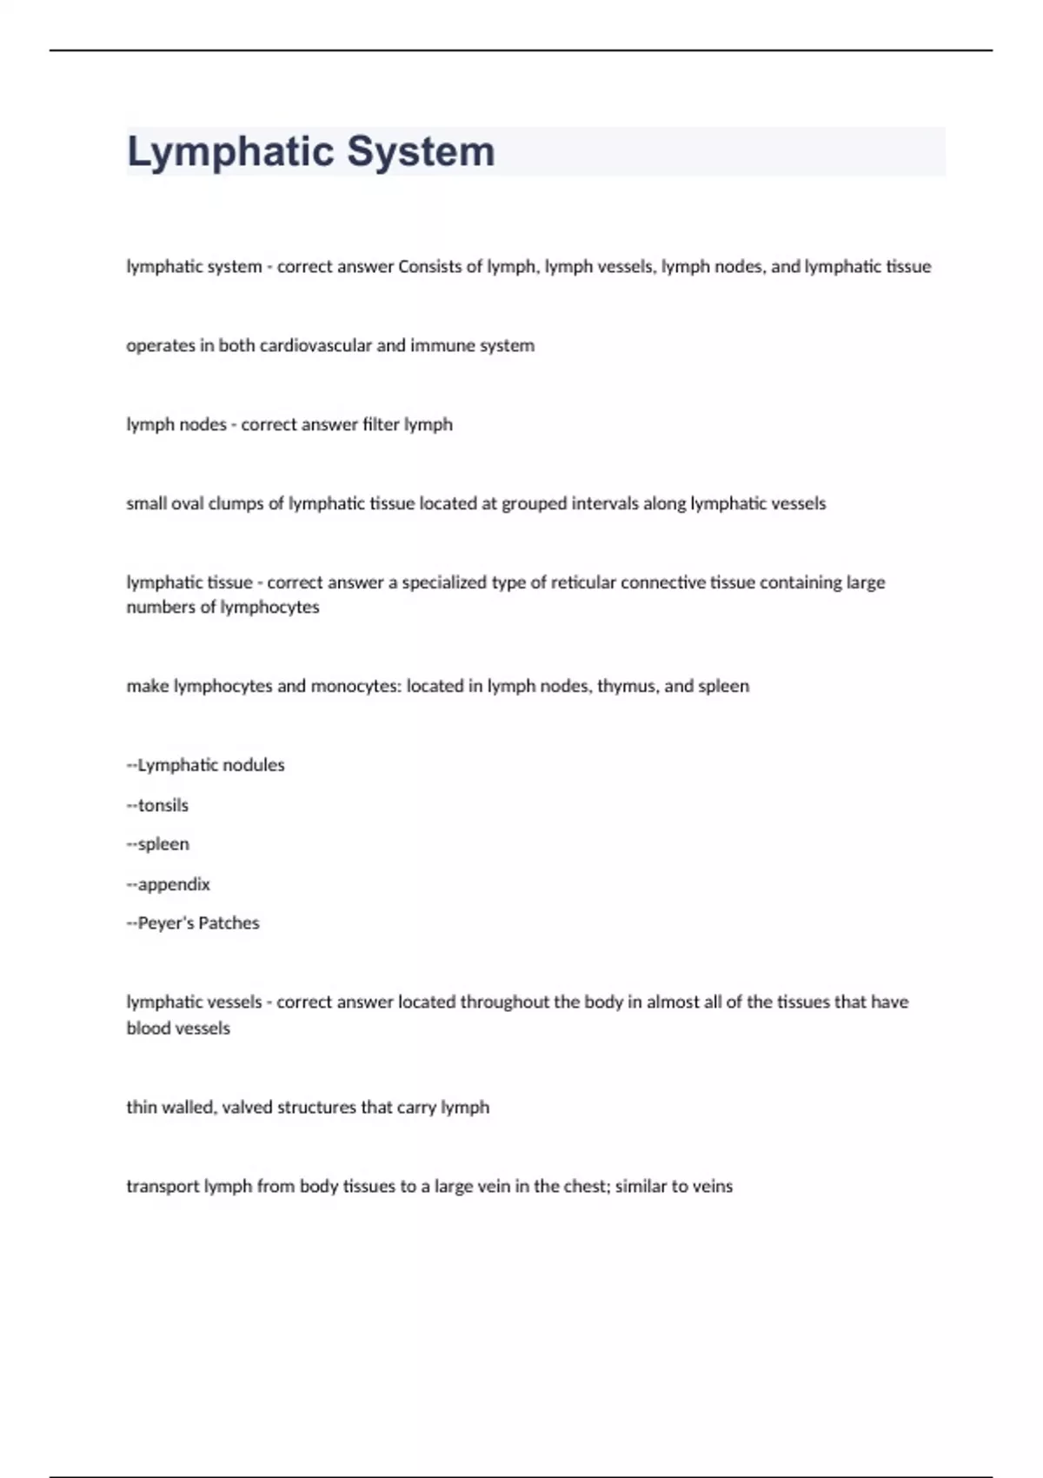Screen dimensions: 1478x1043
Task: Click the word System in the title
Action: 421,151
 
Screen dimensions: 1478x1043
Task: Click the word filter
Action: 381,424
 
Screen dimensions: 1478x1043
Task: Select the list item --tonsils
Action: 157,805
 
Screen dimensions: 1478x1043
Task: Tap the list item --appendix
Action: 169,884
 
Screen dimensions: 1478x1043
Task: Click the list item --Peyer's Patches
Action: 193,923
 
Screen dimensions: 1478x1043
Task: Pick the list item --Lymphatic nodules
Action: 206,765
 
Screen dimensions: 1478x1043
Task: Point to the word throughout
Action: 504,1002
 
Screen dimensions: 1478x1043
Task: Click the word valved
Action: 247,1107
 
